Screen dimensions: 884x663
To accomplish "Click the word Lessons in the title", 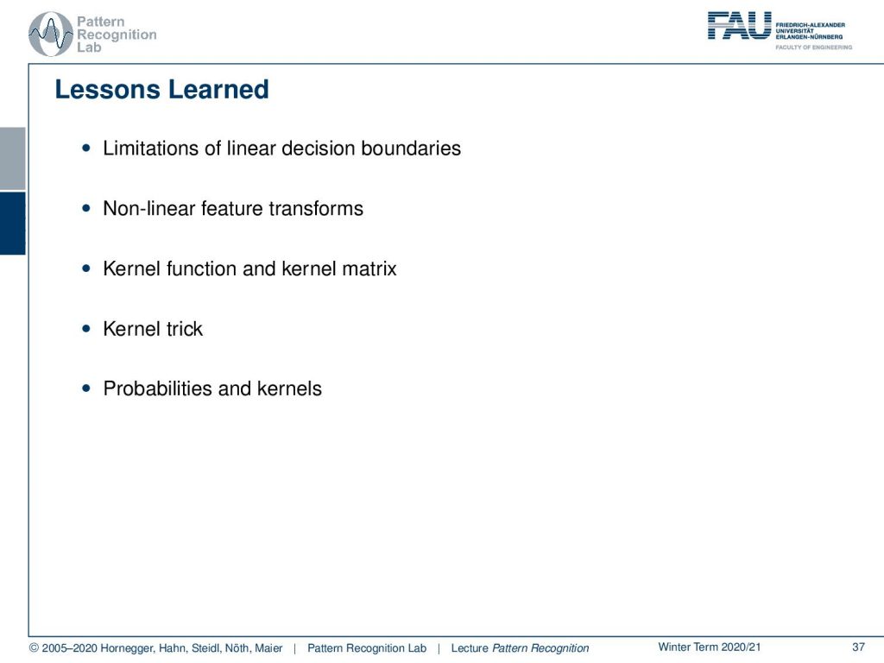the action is pos(107,90).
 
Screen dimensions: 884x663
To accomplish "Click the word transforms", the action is pos(316,209).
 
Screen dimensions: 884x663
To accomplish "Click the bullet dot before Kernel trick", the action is pos(85,329).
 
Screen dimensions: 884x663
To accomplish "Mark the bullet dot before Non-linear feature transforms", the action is pos(85,209).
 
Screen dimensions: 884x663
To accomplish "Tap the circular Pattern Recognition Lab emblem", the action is pos(51,34).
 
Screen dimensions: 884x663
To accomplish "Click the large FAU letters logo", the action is pos(739,26).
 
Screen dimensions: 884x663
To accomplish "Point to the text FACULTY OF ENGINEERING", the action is pos(813,47).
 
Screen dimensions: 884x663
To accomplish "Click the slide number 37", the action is pos(858,647).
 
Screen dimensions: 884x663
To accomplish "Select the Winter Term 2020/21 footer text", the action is pos(710,647).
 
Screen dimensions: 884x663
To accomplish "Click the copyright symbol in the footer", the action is pos(34,648).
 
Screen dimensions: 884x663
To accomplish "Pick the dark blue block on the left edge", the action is pos(12,224).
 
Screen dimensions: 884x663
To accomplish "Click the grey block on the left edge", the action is pos(12,159).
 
